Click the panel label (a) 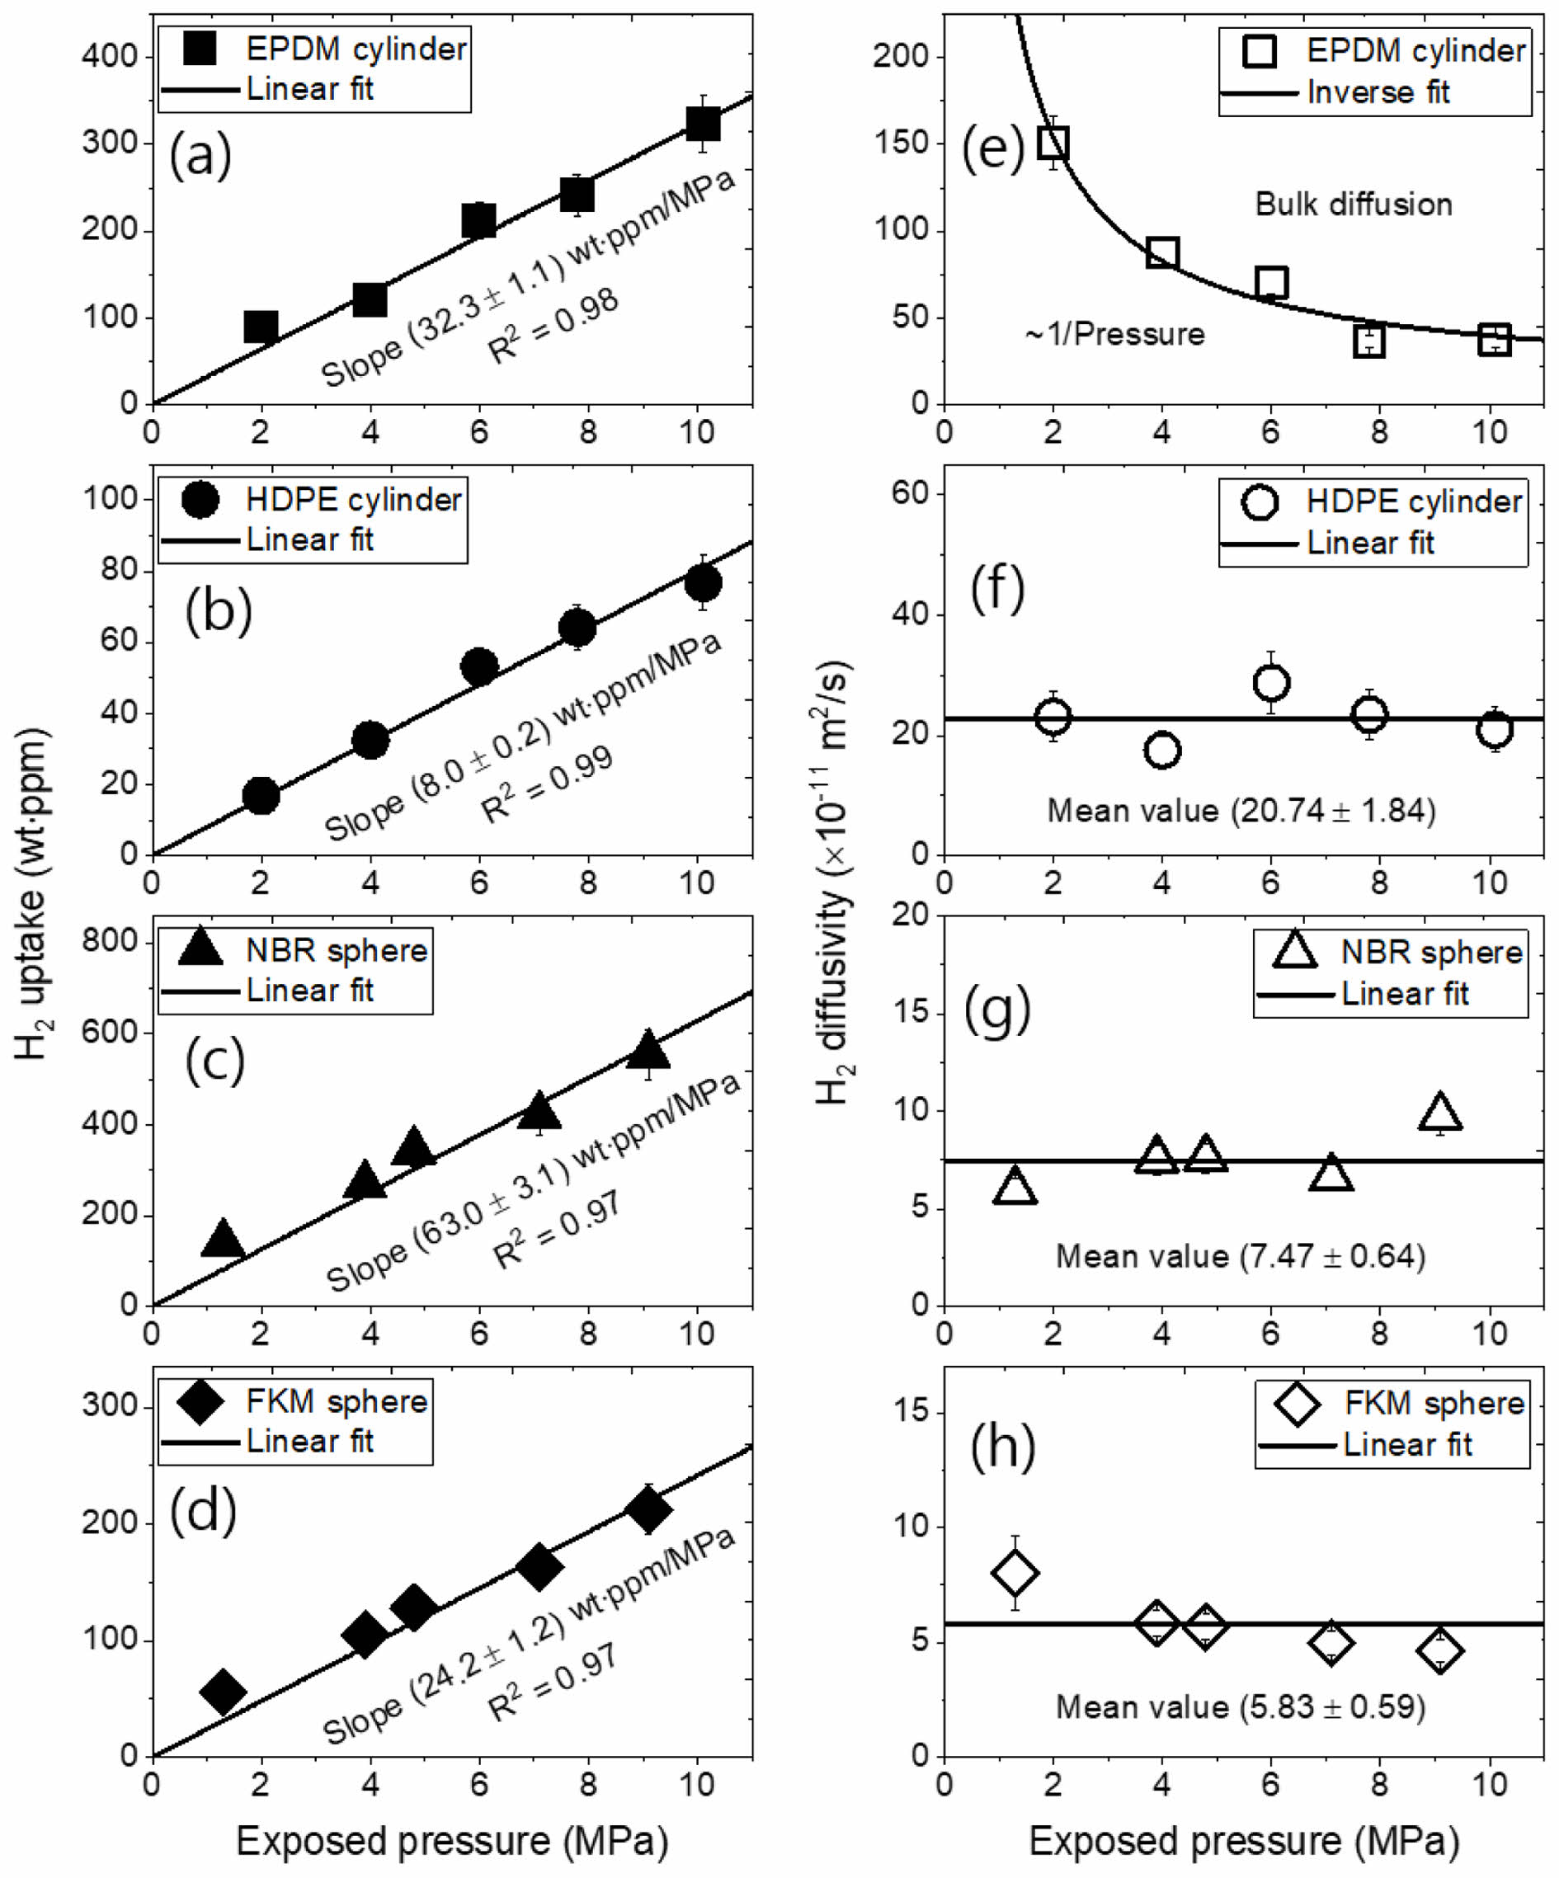[200, 156]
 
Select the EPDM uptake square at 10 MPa [703, 124]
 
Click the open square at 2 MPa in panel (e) [1053, 142]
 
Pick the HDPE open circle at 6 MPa [1271, 682]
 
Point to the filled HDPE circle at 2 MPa [261, 795]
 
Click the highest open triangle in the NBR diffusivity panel [1439, 1113]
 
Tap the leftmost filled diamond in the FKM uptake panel [223, 1690]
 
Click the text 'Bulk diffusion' [1354, 205]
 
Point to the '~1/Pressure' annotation [1114, 335]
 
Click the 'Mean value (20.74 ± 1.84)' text [1241, 810]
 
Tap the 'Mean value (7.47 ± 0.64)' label [1241, 1255]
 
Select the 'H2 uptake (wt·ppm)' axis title [33, 894]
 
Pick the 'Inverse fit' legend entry [1378, 92]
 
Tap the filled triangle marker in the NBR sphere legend [200, 948]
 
